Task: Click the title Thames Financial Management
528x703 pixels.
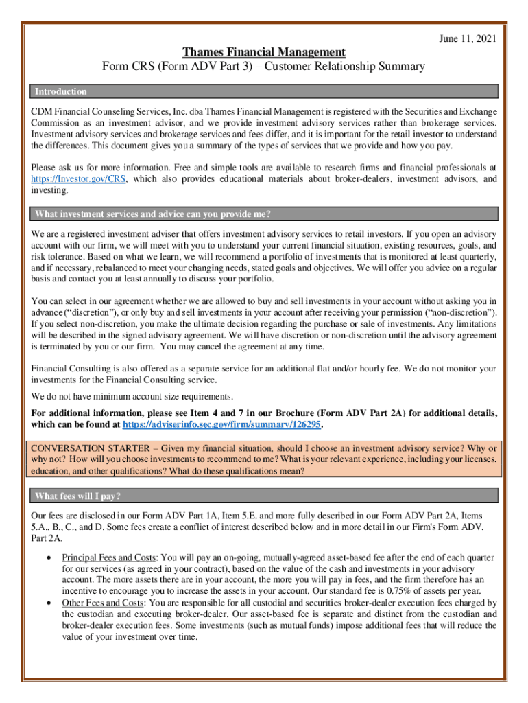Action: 263,53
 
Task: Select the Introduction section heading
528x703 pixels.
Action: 61,91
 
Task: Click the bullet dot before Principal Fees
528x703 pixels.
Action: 47,539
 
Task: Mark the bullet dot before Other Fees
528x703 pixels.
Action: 47,603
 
